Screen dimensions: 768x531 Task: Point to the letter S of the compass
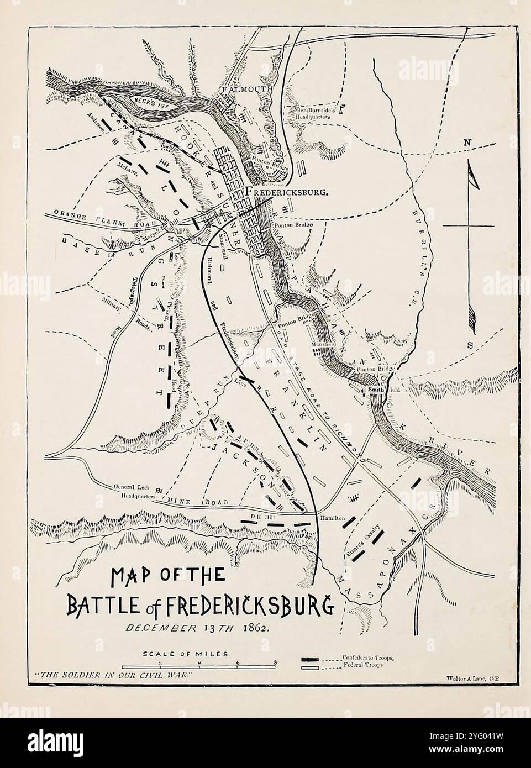click(x=471, y=345)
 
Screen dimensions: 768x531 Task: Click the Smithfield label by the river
click(x=380, y=390)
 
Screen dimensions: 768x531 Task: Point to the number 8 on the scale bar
click(x=274, y=662)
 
